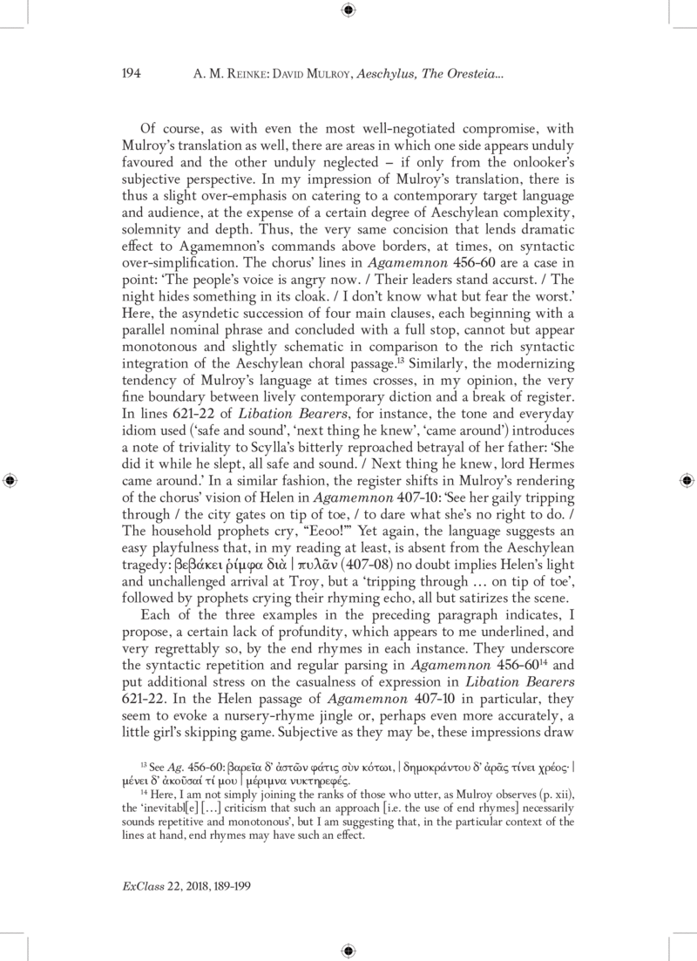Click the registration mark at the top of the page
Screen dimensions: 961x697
point(348,10)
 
